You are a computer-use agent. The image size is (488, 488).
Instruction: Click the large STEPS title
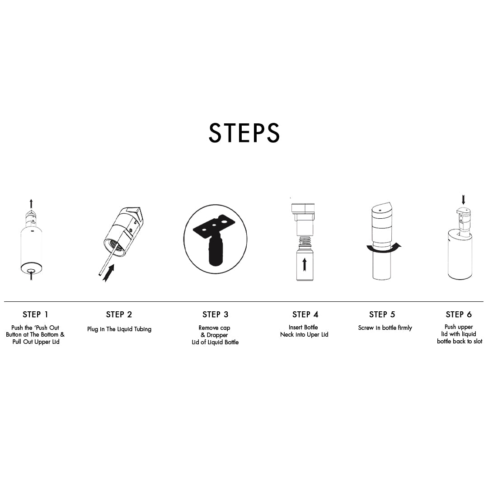(x=244, y=133)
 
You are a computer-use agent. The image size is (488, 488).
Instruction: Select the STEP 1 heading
(x=36, y=314)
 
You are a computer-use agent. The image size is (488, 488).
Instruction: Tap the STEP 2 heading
(x=119, y=314)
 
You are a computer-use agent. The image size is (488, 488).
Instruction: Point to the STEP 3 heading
(x=216, y=314)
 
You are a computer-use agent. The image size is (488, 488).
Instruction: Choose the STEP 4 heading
(x=305, y=314)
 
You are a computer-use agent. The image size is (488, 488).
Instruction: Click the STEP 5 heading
(x=382, y=314)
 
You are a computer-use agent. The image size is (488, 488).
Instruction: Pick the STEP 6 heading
(x=459, y=314)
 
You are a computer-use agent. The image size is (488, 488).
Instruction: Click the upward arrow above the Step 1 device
(x=31, y=204)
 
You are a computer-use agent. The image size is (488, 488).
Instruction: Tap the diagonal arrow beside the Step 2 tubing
(x=108, y=273)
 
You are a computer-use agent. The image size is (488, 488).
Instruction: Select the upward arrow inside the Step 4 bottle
(x=305, y=264)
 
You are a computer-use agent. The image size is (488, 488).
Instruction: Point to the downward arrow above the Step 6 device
(x=464, y=200)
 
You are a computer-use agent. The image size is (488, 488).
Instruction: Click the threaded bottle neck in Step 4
(x=305, y=241)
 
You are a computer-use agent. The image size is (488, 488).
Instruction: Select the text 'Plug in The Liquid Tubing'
(x=119, y=329)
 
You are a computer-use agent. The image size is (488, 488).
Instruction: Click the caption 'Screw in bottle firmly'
(x=385, y=328)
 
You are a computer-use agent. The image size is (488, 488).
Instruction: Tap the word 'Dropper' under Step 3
(x=217, y=335)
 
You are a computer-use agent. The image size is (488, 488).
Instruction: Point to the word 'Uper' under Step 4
(x=313, y=335)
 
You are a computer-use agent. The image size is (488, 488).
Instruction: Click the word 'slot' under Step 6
(x=478, y=342)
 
